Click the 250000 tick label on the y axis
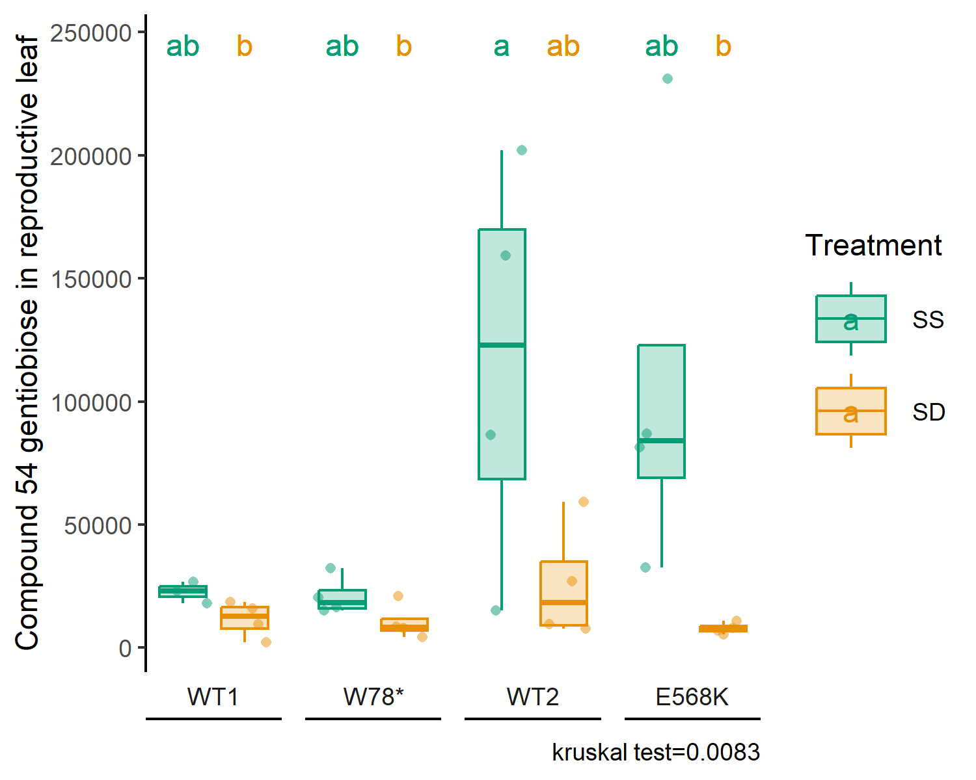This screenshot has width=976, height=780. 90,33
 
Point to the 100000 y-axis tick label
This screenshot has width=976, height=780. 90,402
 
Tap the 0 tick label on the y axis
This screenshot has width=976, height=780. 125,649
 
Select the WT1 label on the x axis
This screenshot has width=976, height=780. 213,697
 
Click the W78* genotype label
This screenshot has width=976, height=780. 373,697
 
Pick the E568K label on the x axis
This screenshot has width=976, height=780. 692,697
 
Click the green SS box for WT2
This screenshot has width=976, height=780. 502,354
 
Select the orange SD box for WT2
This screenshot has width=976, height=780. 563,593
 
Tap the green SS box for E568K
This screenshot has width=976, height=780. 661,411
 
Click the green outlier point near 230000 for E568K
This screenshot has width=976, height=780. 668,79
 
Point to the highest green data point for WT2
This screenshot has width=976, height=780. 522,150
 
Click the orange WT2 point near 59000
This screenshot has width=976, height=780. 584,502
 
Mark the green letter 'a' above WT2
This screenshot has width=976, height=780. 502,47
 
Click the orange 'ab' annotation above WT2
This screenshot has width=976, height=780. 563,45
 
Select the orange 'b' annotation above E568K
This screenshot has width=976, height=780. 724,45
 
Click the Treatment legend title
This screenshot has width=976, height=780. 873,245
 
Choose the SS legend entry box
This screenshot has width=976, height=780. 851,318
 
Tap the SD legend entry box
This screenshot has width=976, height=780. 851,411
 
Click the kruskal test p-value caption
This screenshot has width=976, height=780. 656,753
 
